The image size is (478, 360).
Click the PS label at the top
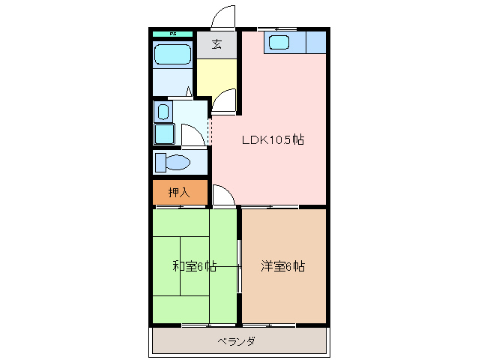[x=172, y=34]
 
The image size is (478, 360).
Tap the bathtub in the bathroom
[x=172, y=54]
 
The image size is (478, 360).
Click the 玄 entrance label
[x=216, y=44]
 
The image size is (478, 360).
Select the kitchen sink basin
[x=280, y=42]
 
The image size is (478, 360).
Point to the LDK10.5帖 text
[x=271, y=139]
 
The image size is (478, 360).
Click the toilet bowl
[x=178, y=162]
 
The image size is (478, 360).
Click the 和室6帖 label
[x=195, y=266]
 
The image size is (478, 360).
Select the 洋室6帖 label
[x=282, y=266]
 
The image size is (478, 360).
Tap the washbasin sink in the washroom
[x=163, y=112]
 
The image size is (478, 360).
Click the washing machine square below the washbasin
[x=164, y=134]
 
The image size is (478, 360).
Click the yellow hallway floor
[x=215, y=76]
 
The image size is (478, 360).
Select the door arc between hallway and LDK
[x=223, y=103]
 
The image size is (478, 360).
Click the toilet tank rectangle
[x=160, y=162]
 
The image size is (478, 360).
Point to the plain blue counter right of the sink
[x=315, y=42]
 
